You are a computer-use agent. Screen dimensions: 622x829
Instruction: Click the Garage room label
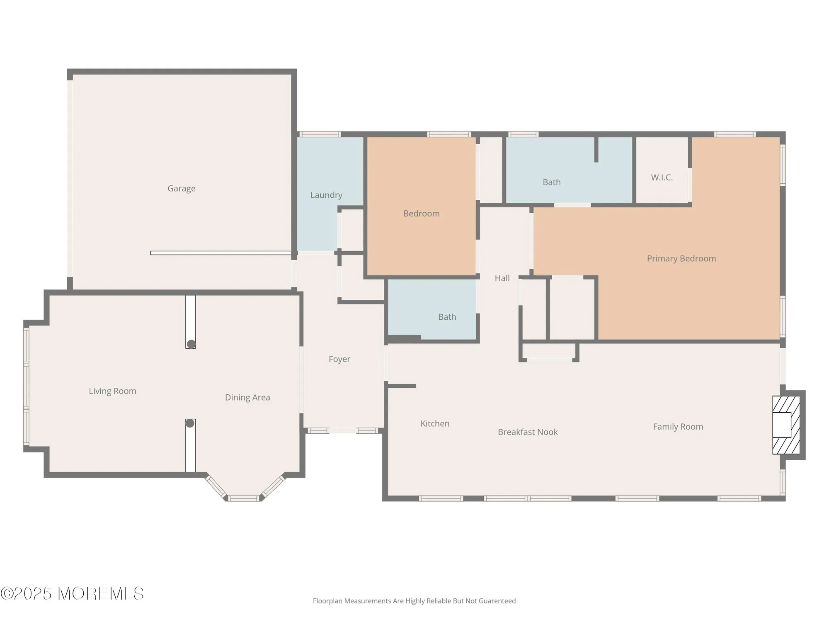182,188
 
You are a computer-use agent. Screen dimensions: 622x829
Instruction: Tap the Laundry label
326,195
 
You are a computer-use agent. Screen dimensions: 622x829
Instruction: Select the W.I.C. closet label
662,177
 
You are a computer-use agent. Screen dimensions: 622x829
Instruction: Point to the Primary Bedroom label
681,258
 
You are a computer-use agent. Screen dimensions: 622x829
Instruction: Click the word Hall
502,278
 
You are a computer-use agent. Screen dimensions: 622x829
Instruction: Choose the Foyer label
339,359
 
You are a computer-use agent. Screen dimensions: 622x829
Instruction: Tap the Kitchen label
435,423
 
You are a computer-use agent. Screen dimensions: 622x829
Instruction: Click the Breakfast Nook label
528,432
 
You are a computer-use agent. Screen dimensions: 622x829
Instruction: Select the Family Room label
678,427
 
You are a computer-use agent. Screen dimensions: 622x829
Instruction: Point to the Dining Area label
247,397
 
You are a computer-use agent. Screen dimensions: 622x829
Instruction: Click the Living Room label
112,391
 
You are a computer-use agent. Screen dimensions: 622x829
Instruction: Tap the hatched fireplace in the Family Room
786,425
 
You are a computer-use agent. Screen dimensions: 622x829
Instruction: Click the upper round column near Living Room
191,344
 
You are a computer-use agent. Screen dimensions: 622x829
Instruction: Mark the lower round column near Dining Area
190,423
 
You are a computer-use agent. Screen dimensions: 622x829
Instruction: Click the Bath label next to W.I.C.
551,182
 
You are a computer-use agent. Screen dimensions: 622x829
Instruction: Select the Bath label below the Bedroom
447,317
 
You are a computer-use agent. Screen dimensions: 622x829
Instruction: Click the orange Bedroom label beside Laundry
421,214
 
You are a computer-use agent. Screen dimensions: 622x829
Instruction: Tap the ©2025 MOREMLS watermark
72,594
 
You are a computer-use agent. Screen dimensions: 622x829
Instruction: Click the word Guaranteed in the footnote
497,601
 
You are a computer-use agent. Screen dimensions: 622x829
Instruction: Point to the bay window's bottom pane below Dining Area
244,498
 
